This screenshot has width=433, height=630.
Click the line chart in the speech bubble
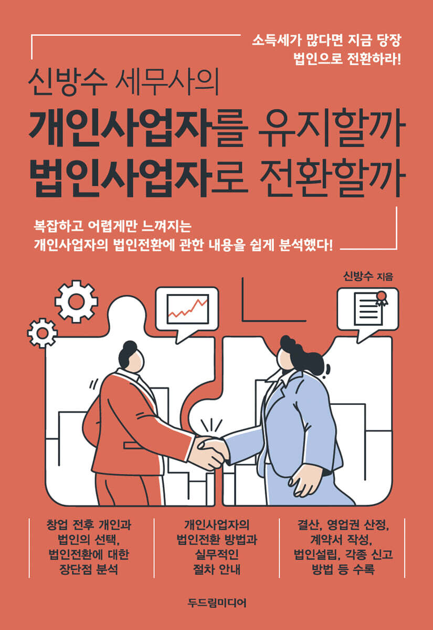[188, 309]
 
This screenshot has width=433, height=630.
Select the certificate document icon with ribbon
[371, 308]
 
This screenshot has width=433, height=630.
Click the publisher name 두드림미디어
[217, 603]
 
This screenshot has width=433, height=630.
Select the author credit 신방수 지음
[368, 277]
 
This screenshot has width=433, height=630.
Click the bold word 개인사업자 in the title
[121, 129]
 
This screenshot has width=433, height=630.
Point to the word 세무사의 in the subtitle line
[167, 82]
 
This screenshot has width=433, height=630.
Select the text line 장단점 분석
[89, 569]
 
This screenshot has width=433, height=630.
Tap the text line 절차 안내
[217, 569]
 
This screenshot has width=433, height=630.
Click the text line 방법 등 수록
[343, 569]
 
